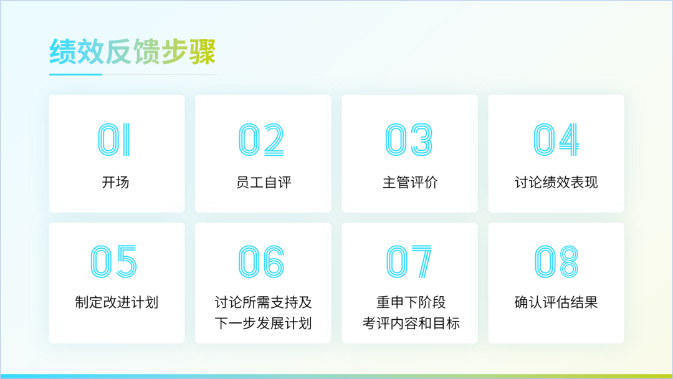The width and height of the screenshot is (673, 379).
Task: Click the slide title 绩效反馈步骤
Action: [132, 52]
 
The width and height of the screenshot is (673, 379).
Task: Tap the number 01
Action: [114, 140]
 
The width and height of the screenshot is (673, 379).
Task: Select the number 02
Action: [261, 140]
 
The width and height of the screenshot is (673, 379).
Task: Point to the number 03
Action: [409, 140]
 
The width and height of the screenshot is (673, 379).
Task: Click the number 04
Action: [556, 140]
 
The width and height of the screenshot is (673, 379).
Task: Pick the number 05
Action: [114, 261]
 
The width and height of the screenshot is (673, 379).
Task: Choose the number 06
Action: [261, 261]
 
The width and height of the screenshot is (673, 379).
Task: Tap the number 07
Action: [409, 261]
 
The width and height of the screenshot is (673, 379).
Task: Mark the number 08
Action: [556, 261]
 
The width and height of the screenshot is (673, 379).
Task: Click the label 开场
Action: [115, 183]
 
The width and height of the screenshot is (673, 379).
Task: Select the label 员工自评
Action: [264, 183]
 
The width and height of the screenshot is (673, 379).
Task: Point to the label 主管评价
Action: [410, 183]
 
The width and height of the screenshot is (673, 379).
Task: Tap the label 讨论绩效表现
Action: [556, 183]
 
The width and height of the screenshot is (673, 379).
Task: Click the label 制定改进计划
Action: [117, 302]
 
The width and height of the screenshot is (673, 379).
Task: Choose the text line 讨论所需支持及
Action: [263, 302]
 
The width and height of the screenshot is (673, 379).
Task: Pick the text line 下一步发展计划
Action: [263, 323]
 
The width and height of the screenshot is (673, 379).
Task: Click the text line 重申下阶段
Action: [411, 302]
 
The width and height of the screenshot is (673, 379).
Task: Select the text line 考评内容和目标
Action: [411, 323]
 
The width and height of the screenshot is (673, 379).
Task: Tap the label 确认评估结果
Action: [556, 302]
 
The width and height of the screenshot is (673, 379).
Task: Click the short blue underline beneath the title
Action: [75, 74]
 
